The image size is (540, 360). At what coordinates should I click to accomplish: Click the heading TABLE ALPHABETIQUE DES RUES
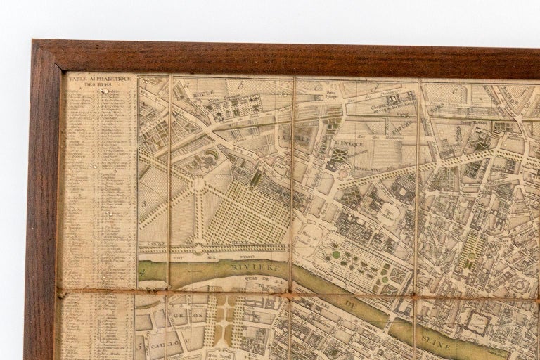click(x=101, y=82)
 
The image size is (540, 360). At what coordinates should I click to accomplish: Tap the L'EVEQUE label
click(x=347, y=143)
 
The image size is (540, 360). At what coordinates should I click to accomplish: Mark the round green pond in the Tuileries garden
click(x=336, y=255)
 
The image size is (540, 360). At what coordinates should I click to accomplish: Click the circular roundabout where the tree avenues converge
click(x=200, y=184)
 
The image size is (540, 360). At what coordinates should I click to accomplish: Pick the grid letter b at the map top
click(x=240, y=84)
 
